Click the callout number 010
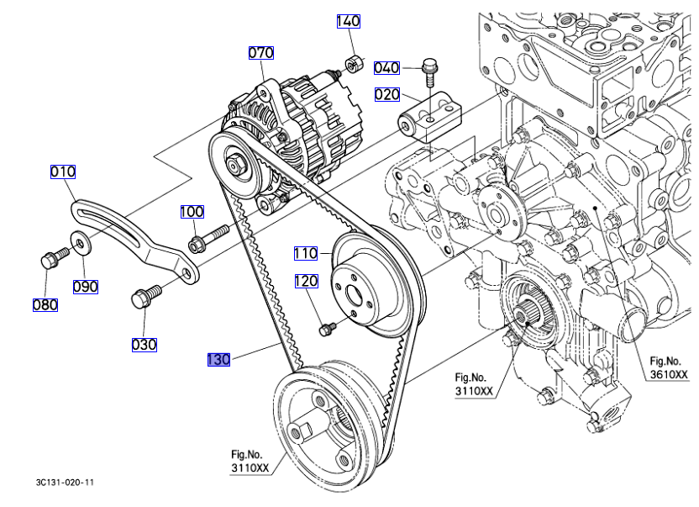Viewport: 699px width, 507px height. click(63, 172)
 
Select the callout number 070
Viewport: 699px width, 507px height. click(260, 53)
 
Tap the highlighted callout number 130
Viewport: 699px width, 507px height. click(218, 360)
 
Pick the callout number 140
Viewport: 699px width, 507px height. click(349, 22)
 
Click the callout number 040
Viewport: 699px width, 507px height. click(386, 67)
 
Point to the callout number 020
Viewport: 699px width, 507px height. click(386, 95)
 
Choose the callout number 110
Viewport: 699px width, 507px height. click(306, 252)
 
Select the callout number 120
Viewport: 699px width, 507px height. click(306, 281)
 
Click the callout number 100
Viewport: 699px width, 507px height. click(192, 212)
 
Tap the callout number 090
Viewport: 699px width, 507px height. click(85, 287)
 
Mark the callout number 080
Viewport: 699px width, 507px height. click(45, 304)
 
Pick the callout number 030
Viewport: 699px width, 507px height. click(144, 344)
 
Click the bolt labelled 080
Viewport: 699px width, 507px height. click(49, 260)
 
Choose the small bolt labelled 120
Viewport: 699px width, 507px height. click(327, 329)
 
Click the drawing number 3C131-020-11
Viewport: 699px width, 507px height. click(66, 483)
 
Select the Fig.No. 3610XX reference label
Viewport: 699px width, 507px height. click(668, 368)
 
